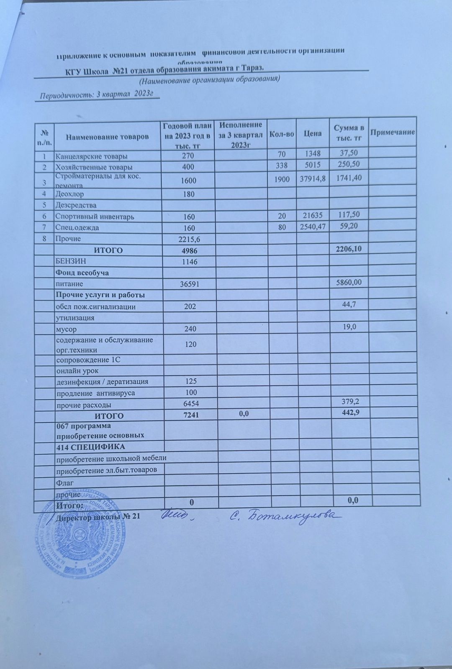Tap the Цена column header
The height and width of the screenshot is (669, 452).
(313, 133)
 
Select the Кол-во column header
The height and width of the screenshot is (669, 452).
(281, 133)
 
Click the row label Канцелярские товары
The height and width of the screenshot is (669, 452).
(92, 157)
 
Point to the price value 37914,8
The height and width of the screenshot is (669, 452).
(313, 179)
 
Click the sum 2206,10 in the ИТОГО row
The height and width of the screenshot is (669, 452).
(346, 249)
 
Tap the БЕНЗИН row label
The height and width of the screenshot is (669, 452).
(71, 261)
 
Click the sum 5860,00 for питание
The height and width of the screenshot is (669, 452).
(346, 283)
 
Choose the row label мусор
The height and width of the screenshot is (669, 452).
(66, 329)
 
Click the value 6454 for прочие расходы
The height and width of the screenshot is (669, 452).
(189, 404)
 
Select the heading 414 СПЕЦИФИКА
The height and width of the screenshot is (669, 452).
(90, 447)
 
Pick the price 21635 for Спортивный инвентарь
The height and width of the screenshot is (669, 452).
(313, 216)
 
